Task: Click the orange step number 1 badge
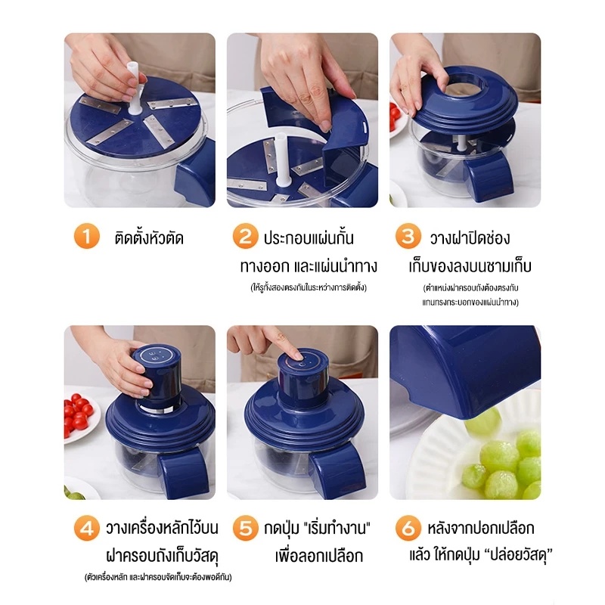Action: [87, 236]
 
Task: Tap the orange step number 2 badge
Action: [245, 236]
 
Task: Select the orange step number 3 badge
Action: [408, 236]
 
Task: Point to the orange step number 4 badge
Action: [87, 527]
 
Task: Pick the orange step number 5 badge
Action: [245, 527]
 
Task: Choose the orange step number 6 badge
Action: [408, 527]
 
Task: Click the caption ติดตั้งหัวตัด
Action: [149, 237]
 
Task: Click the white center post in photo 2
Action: [281, 160]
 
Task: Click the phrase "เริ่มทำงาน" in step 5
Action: [337, 527]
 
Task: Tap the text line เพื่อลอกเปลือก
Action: [319, 556]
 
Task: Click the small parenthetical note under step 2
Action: [309, 287]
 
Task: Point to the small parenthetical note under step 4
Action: [158, 577]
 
